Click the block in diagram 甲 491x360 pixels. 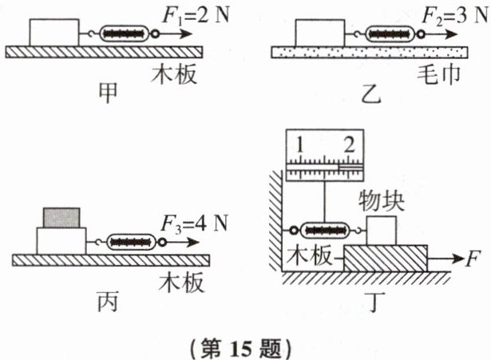tap(54, 33)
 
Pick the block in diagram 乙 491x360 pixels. tap(319, 33)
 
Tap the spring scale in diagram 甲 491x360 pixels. tap(124, 34)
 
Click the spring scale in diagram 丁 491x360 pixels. tap(323, 230)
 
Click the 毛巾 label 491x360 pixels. tap(438, 77)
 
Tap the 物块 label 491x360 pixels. tap(382, 200)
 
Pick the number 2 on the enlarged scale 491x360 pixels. tap(348, 145)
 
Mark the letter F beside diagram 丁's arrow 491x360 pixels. tap(473, 259)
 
